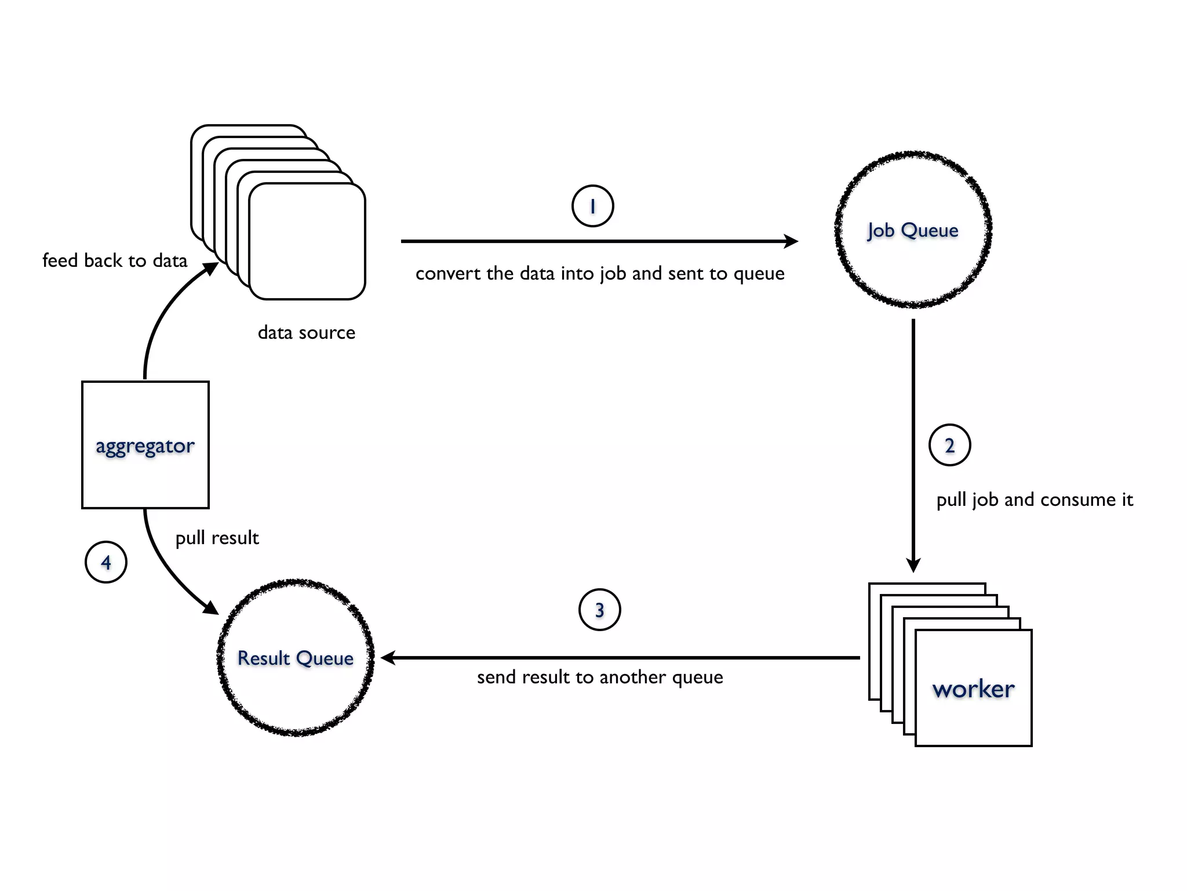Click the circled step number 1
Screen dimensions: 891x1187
592,206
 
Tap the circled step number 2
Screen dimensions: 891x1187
949,445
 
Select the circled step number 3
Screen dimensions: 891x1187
599,610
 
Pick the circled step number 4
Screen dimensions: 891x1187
106,562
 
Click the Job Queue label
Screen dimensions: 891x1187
913,230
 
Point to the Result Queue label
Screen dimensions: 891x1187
296,658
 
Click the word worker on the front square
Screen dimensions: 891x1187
973,689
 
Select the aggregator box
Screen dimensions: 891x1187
145,445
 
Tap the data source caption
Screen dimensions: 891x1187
306,332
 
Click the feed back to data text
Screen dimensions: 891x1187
115,260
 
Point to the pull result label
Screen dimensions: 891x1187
217,538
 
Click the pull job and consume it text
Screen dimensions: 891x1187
1034,499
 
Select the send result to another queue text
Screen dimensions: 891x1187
600,677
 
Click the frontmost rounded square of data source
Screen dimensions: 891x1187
307,241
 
